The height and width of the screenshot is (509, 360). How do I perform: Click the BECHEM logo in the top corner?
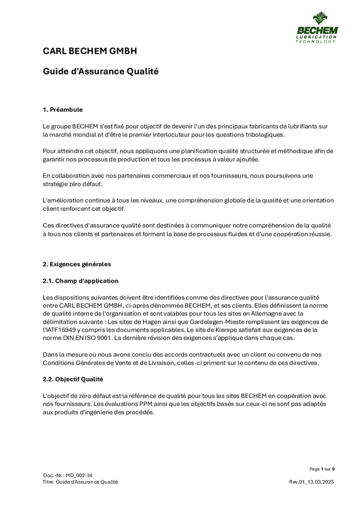[x=316, y=27]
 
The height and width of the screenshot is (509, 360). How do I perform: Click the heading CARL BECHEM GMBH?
[x=90, y=51]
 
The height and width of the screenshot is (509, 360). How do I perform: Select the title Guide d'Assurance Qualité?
[x=100, y=72]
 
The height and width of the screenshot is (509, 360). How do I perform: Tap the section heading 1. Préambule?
[x=63, y=109]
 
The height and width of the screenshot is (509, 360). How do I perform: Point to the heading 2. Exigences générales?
[x=76, y=264]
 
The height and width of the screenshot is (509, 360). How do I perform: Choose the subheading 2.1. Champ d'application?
[x=80, y=281]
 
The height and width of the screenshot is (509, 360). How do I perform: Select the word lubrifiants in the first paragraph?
[x=308, y=126]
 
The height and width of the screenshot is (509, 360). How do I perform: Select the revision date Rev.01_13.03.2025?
[x=312, y=482]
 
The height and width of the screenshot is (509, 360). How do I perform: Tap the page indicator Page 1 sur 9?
[x=322, y=469]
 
